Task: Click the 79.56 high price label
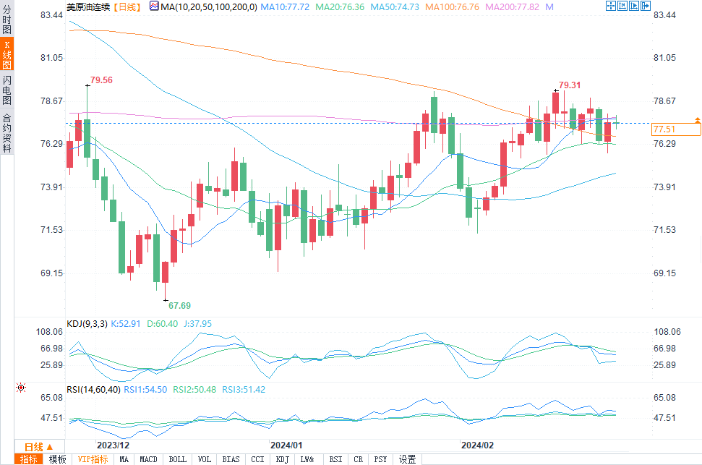[x=101, y=80]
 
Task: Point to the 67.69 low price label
[x=180, y=306]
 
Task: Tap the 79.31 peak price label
[x=570, y=85]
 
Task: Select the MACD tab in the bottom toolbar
[x=148, y=459]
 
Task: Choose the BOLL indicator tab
[x=177, y=459]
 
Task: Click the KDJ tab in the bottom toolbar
[x=282, y=459]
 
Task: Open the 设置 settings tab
[x=407, y=459]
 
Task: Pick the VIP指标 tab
[x=93, y=459]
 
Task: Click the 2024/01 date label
[x=287, y=445]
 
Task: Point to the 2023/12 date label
[x=113, y=445]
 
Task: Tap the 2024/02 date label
[x=477, y=445]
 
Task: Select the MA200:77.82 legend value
[x=513, y=7]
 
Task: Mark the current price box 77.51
[x=675, y=129]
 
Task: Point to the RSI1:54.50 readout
[x=145, y=389]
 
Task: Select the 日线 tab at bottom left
[x=35, y=446]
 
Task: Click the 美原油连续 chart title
[x=90, y=7]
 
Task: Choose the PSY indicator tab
[x=380, y=459]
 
